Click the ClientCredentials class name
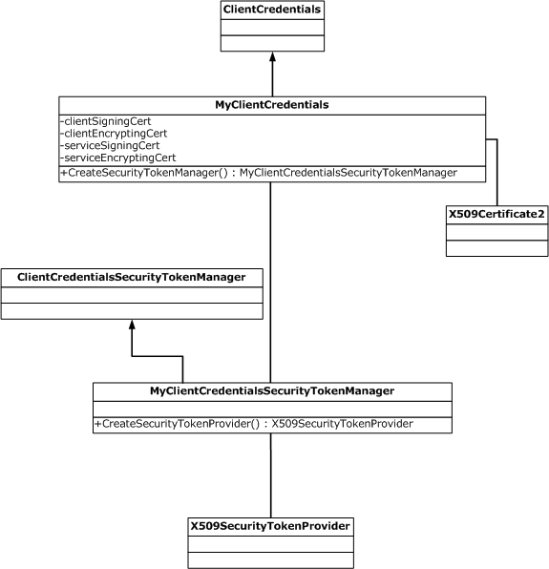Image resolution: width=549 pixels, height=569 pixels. click(272, 11)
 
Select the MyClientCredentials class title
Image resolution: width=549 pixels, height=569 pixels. click(271, 104)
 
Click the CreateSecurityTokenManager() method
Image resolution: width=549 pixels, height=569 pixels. click(149, 173)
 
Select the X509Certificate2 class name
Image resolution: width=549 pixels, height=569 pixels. click(496, 215)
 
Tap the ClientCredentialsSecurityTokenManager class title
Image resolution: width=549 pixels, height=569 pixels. click(132, 277)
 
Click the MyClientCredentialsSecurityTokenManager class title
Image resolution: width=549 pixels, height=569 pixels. click(272, 390)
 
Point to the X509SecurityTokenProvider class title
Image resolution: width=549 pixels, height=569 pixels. click(270, 526)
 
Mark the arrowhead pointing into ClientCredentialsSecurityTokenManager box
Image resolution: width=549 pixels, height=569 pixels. click(132, 326)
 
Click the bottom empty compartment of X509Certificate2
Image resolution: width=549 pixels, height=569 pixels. click(496, 248)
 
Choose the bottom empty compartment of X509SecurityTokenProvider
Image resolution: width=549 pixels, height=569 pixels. click(270, 559)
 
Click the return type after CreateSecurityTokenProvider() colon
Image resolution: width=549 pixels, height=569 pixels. click(343, 424)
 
